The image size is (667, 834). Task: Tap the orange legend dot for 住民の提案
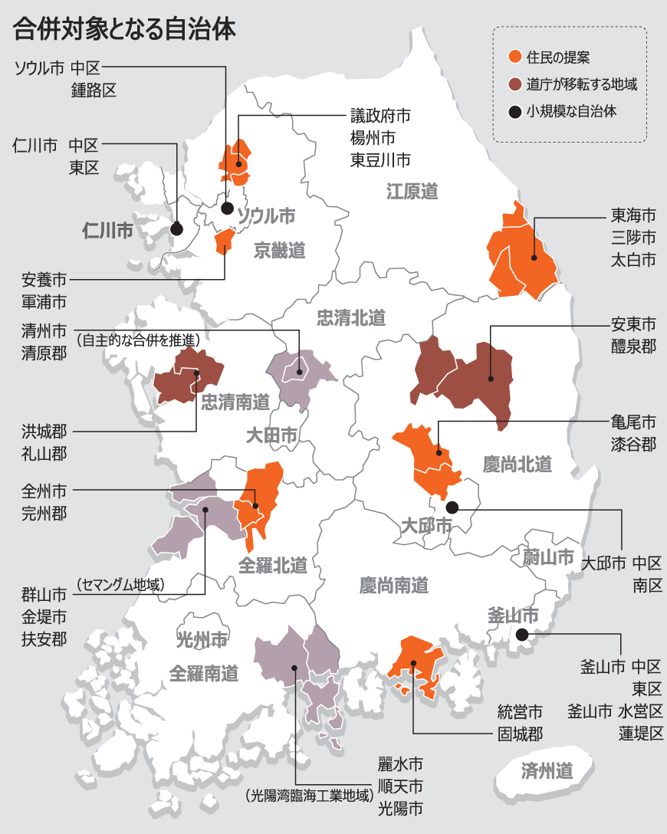pos(515,57)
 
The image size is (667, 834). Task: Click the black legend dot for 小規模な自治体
pos(515,112)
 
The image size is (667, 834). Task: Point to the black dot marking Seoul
pos(227,208)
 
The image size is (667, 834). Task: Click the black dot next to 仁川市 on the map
pos(176,228)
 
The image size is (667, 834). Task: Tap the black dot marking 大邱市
pos(452,507)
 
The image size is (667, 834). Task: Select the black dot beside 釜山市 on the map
pos(521,634)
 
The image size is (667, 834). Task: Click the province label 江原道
pos(412,191)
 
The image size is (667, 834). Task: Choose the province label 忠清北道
pos(351,317)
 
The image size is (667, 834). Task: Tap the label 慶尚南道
pos(393,586)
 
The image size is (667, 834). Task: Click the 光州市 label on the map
pos(202,639)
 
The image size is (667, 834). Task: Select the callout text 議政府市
pos(381,116)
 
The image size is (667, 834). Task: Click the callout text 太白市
pos(634,260)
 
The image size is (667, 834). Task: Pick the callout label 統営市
pos(521,711)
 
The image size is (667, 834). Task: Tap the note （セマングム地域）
pos(120,585)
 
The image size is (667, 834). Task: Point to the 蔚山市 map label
pos(548,557)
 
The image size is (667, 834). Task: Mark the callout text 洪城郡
pos(44,431)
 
